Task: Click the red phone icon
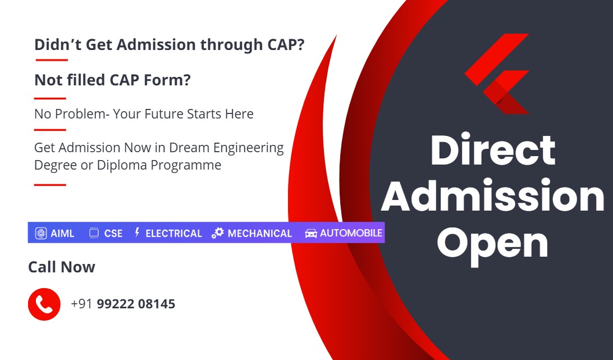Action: coord(44,304)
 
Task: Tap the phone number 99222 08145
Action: coord(136,304)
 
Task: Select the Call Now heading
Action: coord(61,267)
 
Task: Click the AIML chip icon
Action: coord(41,233)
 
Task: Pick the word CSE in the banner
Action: coord(113,234)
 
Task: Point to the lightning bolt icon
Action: coord(137,233)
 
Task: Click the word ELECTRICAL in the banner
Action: coord(173,234)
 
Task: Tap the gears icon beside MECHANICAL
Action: coord(218,233)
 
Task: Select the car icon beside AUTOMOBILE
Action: coord(311,233)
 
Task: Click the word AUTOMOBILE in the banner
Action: coord(351,233)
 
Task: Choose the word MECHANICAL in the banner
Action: coord(259,234)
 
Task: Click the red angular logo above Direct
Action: coord(497,74)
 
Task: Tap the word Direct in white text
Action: coord(493,150)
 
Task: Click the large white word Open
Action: coord(492,244)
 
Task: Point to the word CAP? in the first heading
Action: coord(286,44)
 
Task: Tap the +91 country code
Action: coord(81,304)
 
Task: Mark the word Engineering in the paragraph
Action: coord(248,148)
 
